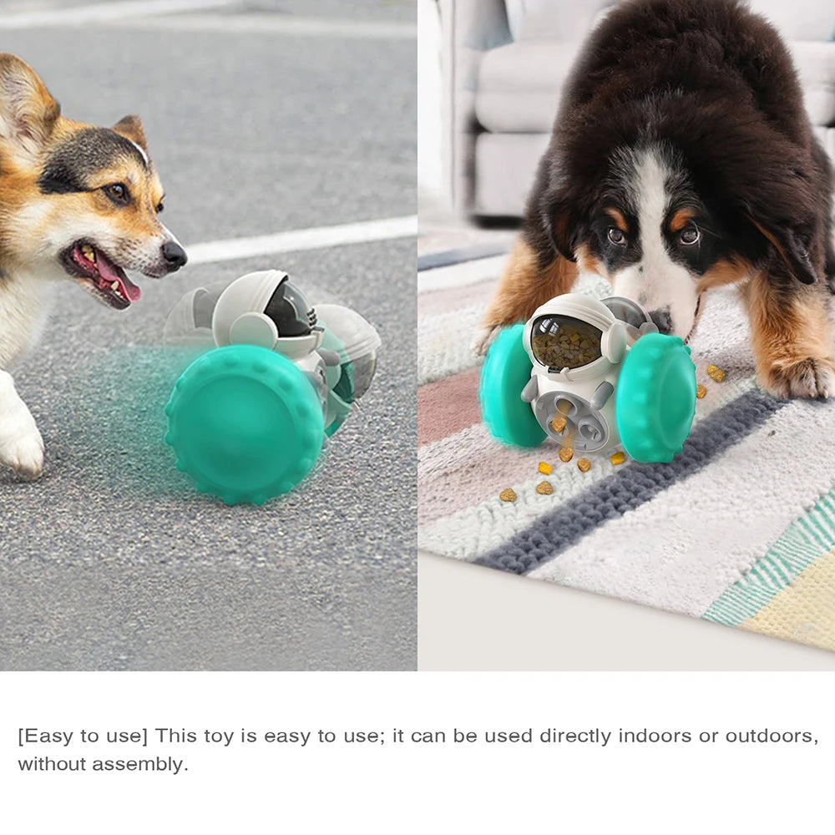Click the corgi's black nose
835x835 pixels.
pos(175,255)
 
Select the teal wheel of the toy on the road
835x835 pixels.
pos(245,424)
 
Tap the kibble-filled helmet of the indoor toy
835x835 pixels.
pos(567,343)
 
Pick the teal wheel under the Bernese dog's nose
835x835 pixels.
pos(656,405)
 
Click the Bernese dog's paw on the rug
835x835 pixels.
pos(793,376)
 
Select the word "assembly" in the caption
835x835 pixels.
pos(140,765)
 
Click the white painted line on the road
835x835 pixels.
pos(301,239)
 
